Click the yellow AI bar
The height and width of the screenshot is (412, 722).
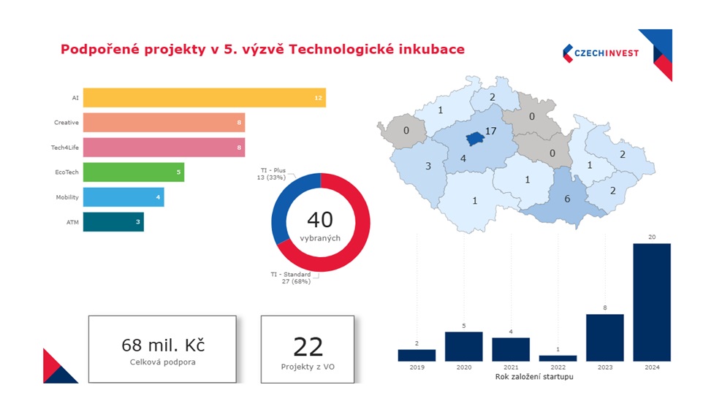(204, 98)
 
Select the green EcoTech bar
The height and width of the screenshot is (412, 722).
(133, 172)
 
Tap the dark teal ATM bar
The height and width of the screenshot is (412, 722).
(113, 222)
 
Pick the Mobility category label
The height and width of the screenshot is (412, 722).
(67, 197)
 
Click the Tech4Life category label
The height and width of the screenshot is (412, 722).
(66, 148)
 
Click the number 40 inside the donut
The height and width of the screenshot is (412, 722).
(320, 220)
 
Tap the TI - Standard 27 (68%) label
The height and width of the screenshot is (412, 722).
(291, 278)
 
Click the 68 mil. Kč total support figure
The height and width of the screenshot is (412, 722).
(162, 345)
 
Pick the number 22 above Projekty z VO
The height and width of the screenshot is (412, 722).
(308, 347)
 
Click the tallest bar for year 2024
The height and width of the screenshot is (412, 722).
(651, 302)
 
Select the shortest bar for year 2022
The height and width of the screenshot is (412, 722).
(558, 358)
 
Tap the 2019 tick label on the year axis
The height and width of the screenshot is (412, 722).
(417, 367)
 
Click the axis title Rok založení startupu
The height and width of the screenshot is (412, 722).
(534, 377)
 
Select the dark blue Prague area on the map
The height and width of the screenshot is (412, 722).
(475, 137)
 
